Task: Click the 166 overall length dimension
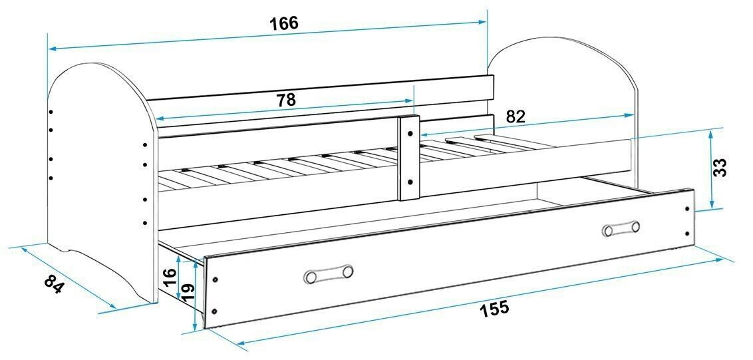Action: point(283,23)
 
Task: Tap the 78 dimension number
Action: point(286,100)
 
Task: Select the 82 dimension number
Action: point(516,116)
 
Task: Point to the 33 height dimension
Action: point(719,168)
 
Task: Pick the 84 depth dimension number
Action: point(54,284)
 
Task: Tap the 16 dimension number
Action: point(170,277)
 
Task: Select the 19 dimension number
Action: point(188,292)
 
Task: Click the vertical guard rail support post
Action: point(409,158)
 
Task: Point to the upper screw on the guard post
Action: point(410,134)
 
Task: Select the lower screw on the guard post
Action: point(410,182)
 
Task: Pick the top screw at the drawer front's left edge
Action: point(215,279)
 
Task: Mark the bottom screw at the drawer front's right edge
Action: point(687,234)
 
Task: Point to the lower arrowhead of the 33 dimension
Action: point(712,204)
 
